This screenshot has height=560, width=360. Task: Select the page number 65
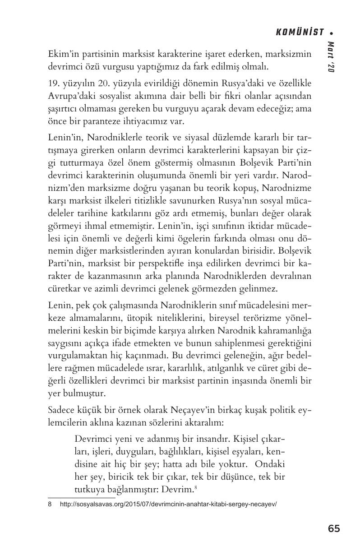tap(334, 528)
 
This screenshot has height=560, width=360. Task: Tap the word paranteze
tap(120, 122)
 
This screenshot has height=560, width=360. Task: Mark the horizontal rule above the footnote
tap(81, 498)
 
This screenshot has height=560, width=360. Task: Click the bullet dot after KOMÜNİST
tap(332, 32)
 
